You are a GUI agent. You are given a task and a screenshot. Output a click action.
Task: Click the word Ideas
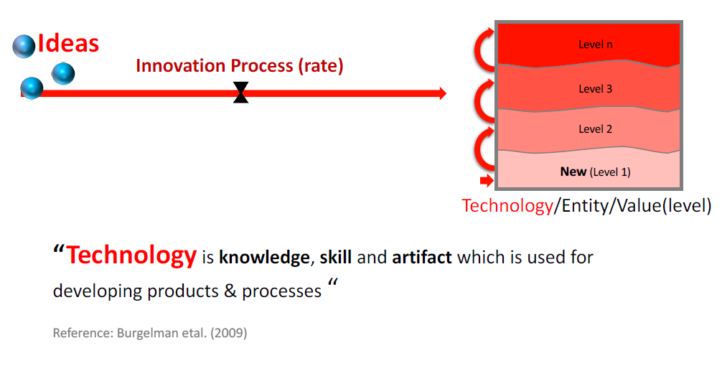pos(68,44)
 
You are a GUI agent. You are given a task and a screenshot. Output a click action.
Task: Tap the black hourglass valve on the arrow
pos(240,93)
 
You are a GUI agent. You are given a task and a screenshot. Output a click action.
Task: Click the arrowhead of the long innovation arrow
pos(443,93)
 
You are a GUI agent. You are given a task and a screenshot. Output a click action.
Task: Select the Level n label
pos(596,44)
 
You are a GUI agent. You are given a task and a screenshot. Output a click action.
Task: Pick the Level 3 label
pos(596,89)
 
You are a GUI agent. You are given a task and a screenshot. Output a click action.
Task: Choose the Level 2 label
pos(596,129)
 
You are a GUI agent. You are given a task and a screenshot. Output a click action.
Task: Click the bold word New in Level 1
pos(573,172)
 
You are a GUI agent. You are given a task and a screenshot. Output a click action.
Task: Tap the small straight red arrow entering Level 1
pos(487,180)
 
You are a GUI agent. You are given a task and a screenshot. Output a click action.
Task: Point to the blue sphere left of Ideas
pos(24,46)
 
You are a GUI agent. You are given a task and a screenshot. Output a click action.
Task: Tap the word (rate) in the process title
pos(321,66)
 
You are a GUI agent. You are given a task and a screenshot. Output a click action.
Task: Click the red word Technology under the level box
pos(507,206)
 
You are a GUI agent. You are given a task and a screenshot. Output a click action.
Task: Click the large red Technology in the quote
pos(131,256)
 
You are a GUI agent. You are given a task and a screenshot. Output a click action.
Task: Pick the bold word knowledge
pos(264,258)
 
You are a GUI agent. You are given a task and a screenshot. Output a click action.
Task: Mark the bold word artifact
pos(422,257)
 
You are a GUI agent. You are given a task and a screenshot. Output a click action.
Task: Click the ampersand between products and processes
pos(230,291)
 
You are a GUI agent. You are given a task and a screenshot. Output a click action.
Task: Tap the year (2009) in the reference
pos(229,333)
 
